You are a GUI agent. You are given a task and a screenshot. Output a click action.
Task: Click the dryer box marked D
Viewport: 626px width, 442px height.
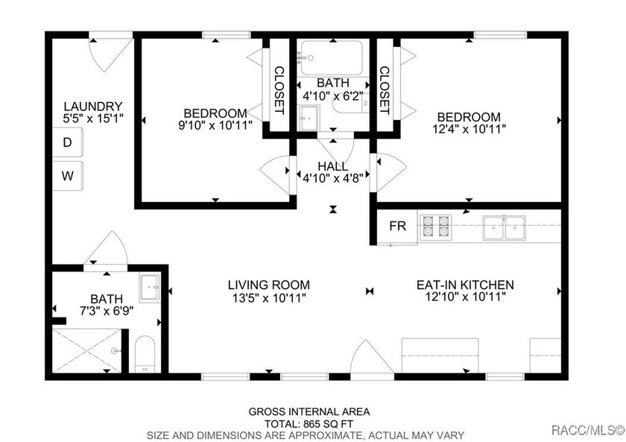67,142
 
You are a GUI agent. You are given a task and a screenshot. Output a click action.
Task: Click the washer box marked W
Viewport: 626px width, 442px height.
67,176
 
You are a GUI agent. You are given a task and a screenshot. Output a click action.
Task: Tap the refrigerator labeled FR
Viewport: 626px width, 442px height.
398,227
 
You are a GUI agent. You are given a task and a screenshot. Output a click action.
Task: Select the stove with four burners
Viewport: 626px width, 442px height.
436,226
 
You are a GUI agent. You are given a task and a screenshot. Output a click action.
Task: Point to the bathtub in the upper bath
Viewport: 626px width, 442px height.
331,57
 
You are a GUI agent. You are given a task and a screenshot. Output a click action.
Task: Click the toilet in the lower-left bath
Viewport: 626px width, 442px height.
145,355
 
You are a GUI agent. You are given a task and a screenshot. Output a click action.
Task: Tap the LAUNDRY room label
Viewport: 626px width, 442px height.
92,106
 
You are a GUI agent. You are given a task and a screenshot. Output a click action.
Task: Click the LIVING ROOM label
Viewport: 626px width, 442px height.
268,285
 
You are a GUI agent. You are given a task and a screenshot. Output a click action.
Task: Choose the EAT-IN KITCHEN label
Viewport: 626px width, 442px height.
464,285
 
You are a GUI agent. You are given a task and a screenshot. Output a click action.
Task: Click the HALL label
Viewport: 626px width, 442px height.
332,165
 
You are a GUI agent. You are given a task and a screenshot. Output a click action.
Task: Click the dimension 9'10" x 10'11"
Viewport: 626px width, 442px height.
215,125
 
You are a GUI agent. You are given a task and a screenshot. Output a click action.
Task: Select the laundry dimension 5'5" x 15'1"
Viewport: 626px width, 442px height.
92,118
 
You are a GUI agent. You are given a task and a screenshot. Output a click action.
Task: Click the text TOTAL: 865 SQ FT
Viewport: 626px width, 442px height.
309,423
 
